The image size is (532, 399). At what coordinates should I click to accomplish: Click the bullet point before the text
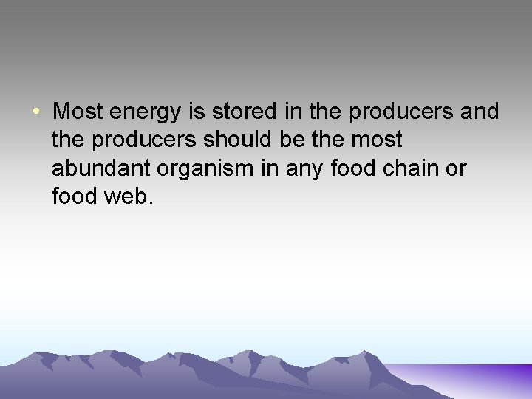[x=35, y=112]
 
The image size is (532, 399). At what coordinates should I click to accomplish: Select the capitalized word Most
[x=79, y=112]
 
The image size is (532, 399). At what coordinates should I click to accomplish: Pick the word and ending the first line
[x=481, y=112]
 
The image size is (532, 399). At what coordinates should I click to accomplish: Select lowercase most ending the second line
[x=376, y=140]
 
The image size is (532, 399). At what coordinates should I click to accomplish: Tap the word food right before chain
[x=354, y=168]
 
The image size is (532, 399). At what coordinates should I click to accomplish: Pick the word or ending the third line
[x=457, y=169]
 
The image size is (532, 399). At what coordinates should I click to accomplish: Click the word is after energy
[x=199, y=112]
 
